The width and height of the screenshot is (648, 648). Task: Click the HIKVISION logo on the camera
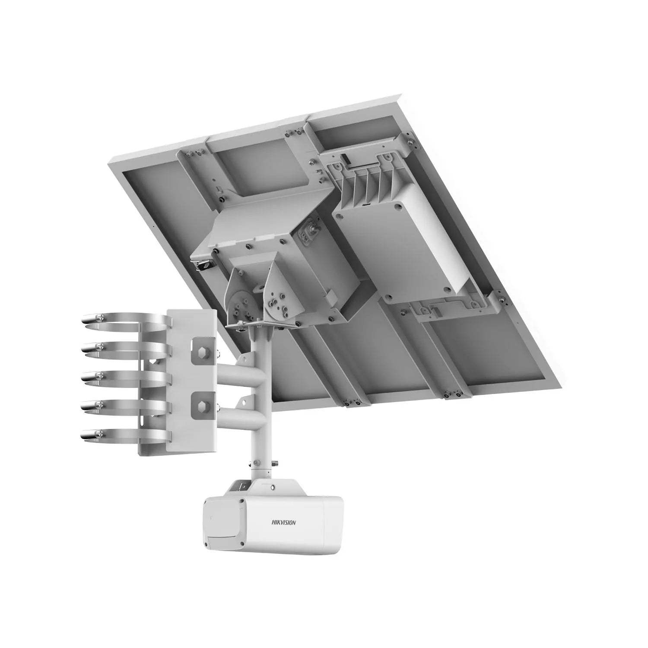pos(283,522)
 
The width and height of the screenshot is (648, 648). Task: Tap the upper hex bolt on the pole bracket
pos(202,349)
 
